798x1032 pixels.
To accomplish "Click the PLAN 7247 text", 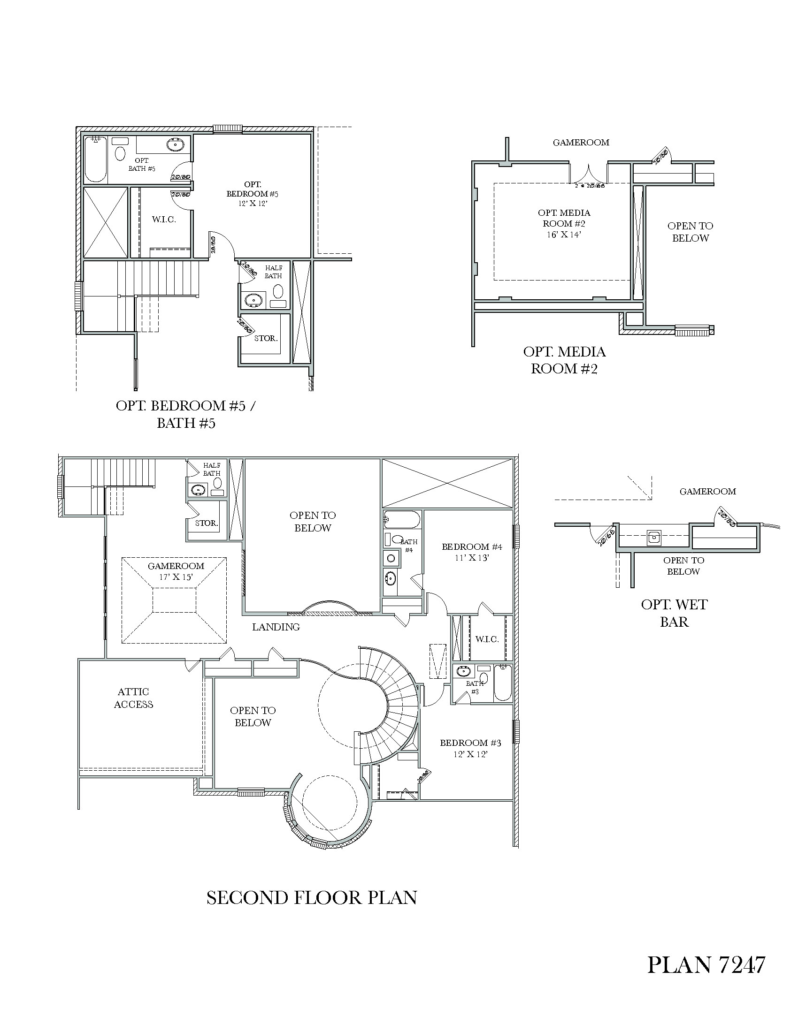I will pyautogui.click(x=706, y=964).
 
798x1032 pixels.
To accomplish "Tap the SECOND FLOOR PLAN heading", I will pyautogui.click(x=312, y=897).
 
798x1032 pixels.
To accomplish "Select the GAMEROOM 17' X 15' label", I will pyautogui.click(x=176, y=571).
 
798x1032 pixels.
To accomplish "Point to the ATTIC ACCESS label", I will pyautogui.click(x=133, y=698).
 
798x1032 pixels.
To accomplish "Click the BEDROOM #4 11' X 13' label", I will pyautogui.click(x=472, y=552).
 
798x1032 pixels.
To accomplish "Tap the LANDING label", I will pyautogui.click(x=276, y=627).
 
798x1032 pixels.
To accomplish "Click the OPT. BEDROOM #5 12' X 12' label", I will pyautogui.click(x=253, y=194).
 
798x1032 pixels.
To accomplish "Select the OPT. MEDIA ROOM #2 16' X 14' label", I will pyautogui.click(x=563, y=223).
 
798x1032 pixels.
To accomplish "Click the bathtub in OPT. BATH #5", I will pyautogui.click(x=95, y=159).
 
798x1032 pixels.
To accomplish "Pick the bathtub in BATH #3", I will pyautogui.click(x=502, y=683).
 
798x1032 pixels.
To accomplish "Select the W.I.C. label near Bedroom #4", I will pyautogui.click(x=487, y=639).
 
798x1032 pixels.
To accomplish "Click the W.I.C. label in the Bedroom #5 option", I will pyautogui.click(x=163, y=220).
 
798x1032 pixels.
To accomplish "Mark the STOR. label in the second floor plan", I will pyautogui.click(x=207, y=523).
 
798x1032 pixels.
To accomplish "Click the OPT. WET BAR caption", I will pyautogui.click(x=674, y=613).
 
